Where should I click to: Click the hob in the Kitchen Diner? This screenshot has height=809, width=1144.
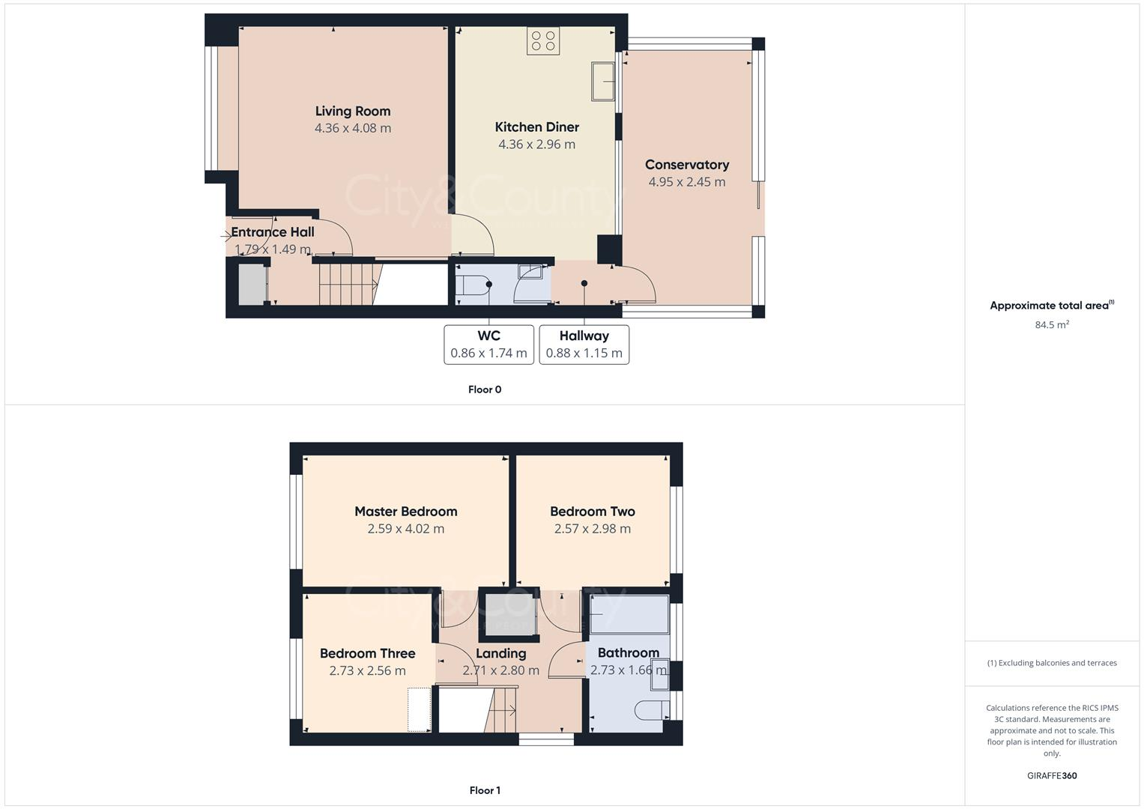[542, 40]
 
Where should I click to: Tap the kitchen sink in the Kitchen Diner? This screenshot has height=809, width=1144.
[603, 82]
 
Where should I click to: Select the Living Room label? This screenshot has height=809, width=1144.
[353, 112]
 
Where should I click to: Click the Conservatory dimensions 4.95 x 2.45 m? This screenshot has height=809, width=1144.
[686, 182]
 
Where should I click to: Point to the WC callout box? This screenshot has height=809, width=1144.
[488, 345]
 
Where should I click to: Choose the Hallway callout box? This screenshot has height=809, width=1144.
[584, 345]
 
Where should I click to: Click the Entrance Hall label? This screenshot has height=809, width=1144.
[273, 232]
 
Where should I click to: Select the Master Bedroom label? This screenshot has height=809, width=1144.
[405, 512]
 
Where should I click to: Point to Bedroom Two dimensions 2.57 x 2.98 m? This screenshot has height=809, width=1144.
[592, 529]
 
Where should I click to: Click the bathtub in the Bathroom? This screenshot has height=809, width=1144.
[629, 615]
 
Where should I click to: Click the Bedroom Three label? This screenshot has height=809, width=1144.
[367, 653]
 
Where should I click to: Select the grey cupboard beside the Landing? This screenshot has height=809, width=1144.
[509, 615]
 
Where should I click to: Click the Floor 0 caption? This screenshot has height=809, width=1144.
[485, 390]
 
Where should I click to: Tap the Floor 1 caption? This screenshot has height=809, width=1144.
[485, 790]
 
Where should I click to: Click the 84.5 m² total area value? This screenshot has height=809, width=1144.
[1051, 324]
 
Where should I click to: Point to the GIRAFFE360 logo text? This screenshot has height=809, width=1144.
[1051, 775]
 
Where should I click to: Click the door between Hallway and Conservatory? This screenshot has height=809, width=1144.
[638, 285]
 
